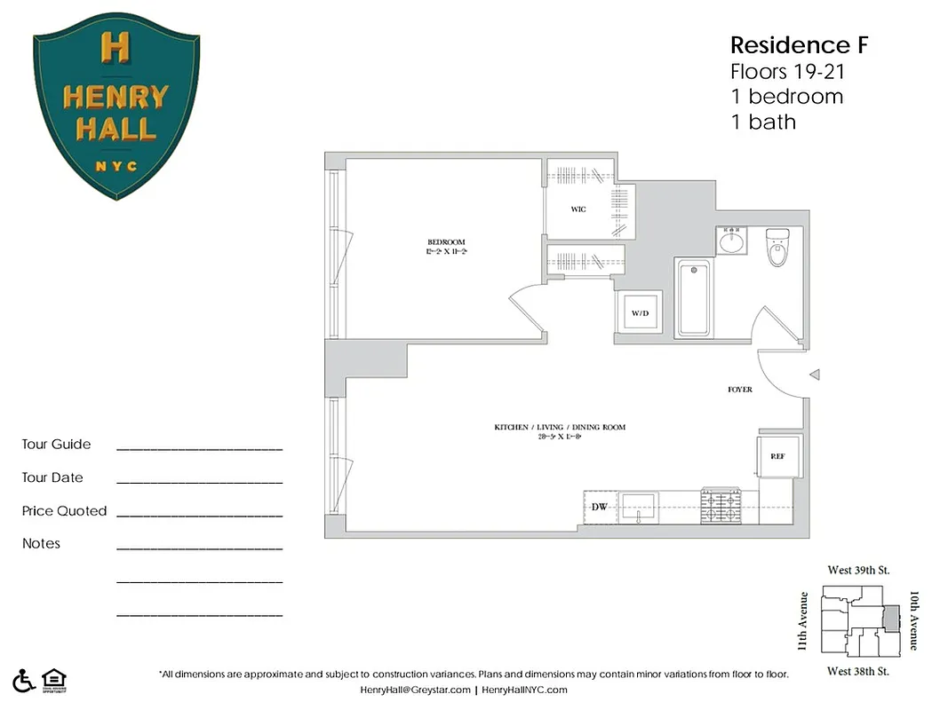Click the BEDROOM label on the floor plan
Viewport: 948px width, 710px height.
pyautogui.click(x=446, y=241)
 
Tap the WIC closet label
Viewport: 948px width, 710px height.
pyautogui.click(x=578, y=209)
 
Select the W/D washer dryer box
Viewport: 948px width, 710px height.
pyautogui.click(x=640, y=313)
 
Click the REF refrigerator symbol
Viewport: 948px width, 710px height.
pyautogui.click(x=777, y=456)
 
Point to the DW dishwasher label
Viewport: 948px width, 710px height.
pyautogui.click(x=599, y=507)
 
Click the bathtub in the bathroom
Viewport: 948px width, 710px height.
pyautogui.click(x=693, y=299)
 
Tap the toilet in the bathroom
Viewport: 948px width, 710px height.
pyautogui.click(x=778, y=248)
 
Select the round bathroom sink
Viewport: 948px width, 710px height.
pyautogui.click(x=733, y=241)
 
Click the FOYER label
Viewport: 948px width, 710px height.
pyautogui.click(x=739, y=390)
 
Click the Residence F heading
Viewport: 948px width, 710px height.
pyautogui.click(x=799, y=45)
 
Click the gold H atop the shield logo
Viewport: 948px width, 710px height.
pyautogui.click(x=116, y=48)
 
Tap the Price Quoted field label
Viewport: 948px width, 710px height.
pyautogui.click(x=64, y=511)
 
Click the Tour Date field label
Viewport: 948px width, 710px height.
pyautogui.click(x=52, y=477)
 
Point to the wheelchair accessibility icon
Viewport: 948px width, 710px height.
pyautogui.click(x=24, y=679)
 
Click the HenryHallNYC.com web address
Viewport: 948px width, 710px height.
pyautogui.click(x=525, y=690)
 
